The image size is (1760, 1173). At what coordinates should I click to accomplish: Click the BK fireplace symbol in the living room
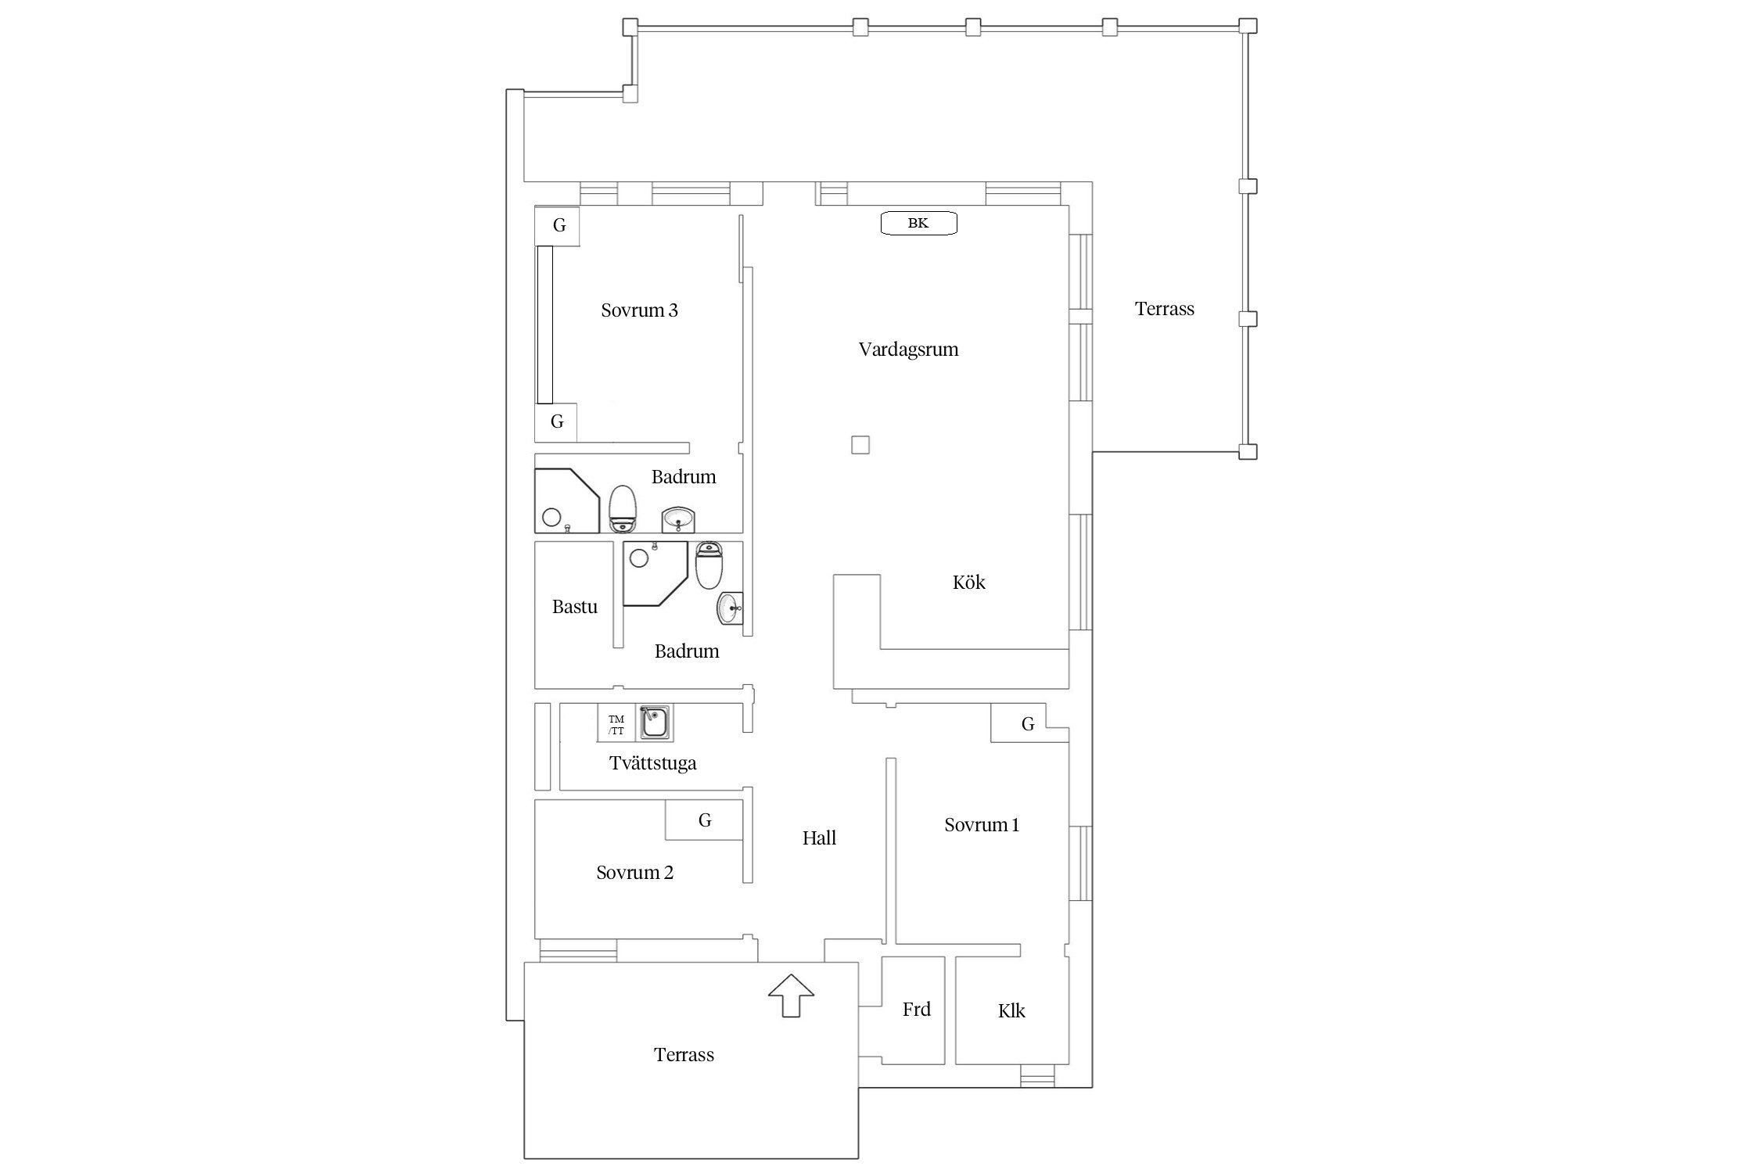click(918, 224)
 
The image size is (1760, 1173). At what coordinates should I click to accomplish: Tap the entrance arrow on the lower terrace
click(791, 995)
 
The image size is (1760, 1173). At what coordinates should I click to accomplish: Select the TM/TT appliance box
click(616, 723)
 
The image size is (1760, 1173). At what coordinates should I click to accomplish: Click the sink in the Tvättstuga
click(654, 723)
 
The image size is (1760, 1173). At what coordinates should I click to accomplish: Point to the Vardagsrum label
click(908, 350)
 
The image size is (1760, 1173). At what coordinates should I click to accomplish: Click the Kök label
click(968, 582)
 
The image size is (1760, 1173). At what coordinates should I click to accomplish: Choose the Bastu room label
click(575, 607)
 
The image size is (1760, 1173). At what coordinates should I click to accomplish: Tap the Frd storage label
click(917, 1010)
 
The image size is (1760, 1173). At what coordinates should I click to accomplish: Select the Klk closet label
click(1011, 1011)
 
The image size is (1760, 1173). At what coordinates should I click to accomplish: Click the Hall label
click(819, 838)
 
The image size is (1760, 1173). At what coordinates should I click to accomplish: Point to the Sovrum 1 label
click(982, 825)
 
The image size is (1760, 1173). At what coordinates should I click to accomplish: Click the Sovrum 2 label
click(634, 873)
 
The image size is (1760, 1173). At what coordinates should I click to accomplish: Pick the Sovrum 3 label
click(639, 310)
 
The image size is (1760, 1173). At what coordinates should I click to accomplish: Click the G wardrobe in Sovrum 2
click(704, 820)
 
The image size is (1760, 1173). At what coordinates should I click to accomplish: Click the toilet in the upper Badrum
click(623, 508)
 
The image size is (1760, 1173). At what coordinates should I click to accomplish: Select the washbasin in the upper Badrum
click(678, 518)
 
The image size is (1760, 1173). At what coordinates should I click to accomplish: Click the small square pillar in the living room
click(860, 445)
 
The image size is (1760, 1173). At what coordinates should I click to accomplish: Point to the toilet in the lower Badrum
click(709, 565)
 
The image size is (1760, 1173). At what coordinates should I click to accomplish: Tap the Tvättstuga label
click(653, 763)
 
